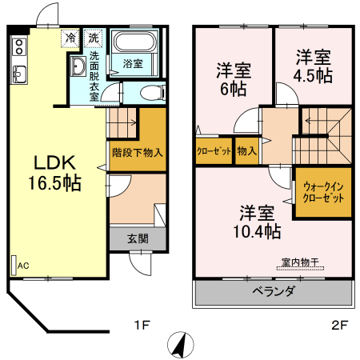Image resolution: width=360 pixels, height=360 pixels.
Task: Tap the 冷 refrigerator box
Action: (x=71, y=38)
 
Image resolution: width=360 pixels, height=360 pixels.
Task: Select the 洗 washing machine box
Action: (x=94, y=38)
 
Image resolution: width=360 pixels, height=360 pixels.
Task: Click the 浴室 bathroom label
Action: (x=134, y=64)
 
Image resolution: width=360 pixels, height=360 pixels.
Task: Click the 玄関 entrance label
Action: (x=137, y=238)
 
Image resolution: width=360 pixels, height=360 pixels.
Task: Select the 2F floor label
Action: (x=339, y=326)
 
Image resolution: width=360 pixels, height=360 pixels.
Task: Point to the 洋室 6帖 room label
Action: (x=234, y=78)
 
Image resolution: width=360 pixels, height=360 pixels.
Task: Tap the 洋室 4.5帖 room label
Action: (x=314, y=67)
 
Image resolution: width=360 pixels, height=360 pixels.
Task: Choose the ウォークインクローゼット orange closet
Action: (x=323, y=192)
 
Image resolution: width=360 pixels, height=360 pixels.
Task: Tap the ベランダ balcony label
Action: (x=273, y=291)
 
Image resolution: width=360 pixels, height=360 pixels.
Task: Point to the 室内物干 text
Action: (x=300, y=262)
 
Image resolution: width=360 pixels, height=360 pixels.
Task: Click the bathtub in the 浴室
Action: (x=133, y=43)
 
